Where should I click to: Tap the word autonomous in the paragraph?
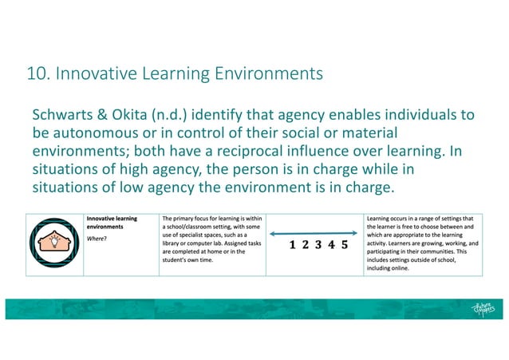pos(99,133)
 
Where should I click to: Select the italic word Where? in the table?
pos(97,237)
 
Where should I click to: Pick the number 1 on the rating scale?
pos(294,246)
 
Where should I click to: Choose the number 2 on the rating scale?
pos(306,246)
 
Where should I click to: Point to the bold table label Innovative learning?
pos(112,217)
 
